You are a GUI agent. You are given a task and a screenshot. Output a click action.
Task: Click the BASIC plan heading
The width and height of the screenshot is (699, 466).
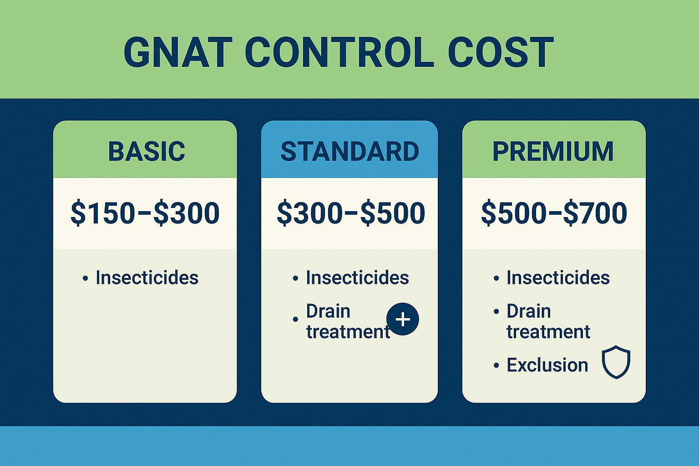[x=147, y=152]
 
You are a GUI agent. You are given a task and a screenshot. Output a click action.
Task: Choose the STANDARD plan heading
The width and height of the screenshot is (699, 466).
[x=349, y=152]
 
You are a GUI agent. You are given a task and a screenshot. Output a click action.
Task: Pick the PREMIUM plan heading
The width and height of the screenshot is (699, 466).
[x=553, y=152]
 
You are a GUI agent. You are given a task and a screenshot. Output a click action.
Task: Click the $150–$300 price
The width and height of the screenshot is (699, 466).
[x=145, y=213]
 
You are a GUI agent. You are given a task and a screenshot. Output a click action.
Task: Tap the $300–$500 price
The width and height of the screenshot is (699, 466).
[x=351, y=213]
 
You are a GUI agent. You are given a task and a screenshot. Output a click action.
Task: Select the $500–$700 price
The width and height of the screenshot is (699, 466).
[x=554, y=213]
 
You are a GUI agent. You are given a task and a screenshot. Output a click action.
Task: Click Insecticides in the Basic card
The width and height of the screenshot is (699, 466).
[x=147, y=278]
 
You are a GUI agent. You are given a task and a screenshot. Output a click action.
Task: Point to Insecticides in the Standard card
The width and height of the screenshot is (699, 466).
[x=357, y=278]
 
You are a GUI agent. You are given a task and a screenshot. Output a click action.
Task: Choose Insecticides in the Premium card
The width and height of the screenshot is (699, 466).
[x=558, y=278]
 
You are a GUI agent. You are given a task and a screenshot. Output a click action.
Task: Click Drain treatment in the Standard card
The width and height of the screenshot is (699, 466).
[x=348, y=322]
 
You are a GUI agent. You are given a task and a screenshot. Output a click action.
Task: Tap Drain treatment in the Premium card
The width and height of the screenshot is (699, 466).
[x=548, y=322]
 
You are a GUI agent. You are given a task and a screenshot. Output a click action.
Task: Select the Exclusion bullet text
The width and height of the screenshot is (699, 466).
[x=547, y=365]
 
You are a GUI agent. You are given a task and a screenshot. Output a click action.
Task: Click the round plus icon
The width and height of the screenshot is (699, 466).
[x=402, y=319]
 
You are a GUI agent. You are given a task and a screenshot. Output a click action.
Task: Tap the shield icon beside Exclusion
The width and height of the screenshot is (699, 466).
[x=616, y=362]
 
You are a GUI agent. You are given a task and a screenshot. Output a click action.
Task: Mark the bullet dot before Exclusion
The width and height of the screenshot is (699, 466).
[x=496, y=366]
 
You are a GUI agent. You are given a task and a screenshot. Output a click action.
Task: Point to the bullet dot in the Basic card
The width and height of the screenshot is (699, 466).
[x=85, y=279]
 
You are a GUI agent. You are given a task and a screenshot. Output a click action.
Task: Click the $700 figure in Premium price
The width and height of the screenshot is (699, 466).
[x=595, y=213]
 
